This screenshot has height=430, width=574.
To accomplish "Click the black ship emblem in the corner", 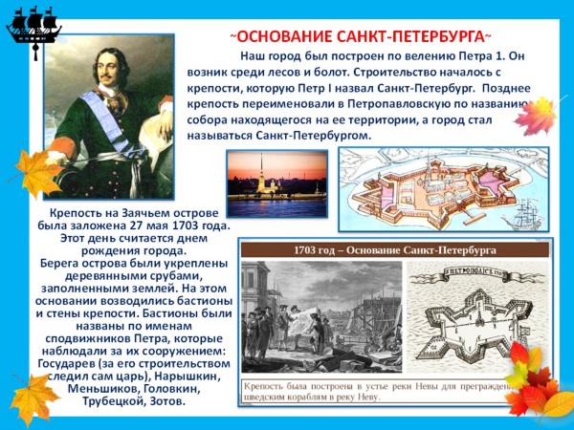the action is tap(34, 30).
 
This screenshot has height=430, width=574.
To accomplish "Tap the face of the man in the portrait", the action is tap(109, 69).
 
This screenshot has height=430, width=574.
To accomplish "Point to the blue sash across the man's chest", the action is tap(110, 120).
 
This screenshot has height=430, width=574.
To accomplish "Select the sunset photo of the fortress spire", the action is tap(277, 183).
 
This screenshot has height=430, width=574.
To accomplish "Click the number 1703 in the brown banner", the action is tap(304, 250).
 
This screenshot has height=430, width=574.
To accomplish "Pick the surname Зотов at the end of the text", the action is tap(166, 401).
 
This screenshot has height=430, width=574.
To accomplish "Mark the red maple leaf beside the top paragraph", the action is tap(535, 116).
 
